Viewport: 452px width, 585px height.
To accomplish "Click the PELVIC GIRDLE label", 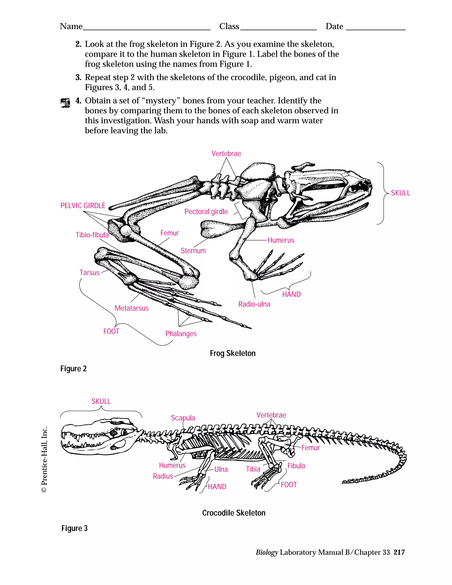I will [x=83, y=206].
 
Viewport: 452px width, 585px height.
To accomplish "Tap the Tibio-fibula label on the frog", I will [x=92, y=235].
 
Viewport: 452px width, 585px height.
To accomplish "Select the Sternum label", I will [x=193, y=251].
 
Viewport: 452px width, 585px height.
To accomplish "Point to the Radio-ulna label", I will [x=254, y=304].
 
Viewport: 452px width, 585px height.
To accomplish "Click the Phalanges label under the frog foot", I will [x=181, y=334].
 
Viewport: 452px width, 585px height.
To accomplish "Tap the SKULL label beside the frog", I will [x=400, y=193].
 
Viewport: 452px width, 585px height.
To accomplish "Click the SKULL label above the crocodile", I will [x=101, y=401].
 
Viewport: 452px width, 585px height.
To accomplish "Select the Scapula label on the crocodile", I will [x=183, y=418].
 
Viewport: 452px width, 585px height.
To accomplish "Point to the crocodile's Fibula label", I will [x=296, y=466].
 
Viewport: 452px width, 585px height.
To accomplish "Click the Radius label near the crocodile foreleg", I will [x=163, y=476].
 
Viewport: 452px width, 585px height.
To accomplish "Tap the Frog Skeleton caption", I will [x=232, y=353].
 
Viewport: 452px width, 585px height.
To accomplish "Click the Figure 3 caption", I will [x=74, y=528].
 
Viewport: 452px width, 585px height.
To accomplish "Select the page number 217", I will [x=399, y=552].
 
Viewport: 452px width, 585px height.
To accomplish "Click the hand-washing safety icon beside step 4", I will [x=65, y=103].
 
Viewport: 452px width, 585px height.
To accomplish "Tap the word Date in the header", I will [x=334, y=26].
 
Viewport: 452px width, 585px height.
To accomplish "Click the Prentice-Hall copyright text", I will [x=44, y=459].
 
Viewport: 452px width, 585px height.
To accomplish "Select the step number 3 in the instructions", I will [x=78, y=77].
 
